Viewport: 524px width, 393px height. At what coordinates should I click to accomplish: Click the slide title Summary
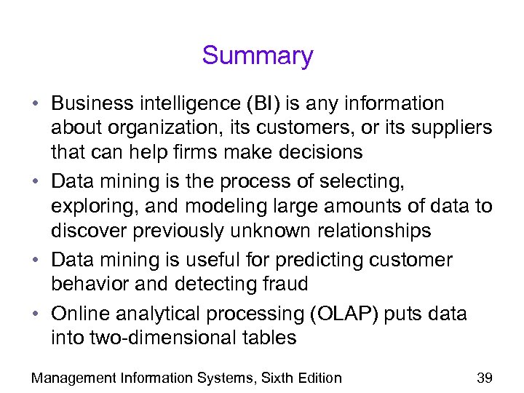(x=258, y=56)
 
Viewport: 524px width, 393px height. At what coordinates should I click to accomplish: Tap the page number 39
(x=484, y=377)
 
